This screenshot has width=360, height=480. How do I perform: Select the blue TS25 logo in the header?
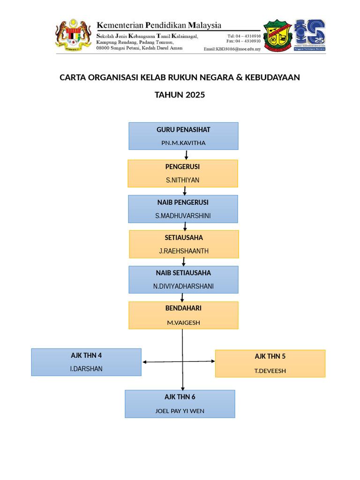310,35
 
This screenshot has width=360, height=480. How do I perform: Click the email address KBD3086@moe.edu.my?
232,49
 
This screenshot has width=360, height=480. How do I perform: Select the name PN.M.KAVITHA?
183,142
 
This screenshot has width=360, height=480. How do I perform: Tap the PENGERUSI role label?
182,167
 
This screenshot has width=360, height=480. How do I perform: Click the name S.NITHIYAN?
182,180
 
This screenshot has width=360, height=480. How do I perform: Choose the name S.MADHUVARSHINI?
183,216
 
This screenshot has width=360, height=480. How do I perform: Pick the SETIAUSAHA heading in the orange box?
184,238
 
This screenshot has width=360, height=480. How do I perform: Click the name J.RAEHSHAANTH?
184,251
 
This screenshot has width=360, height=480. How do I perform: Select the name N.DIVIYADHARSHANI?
183,286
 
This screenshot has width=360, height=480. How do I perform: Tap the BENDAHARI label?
183,308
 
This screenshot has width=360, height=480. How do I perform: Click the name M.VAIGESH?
183,322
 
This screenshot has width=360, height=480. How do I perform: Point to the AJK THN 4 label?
86,355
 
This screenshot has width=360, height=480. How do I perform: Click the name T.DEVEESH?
270,371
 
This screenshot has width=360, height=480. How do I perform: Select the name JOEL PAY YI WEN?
180,411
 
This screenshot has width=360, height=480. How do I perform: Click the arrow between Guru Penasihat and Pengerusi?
187,155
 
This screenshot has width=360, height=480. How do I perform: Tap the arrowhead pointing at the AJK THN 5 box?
213,361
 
